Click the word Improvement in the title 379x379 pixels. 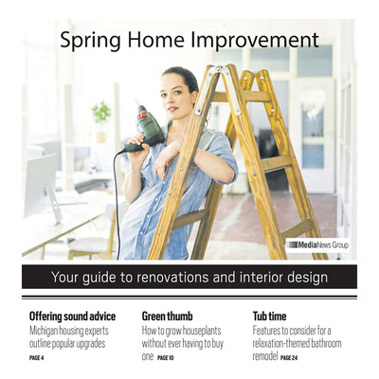(258, 41)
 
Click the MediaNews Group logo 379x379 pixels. (317, 244)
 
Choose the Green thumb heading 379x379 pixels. (171, 316)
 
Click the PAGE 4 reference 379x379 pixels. (38, 358)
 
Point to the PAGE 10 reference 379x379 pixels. (166, 358)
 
